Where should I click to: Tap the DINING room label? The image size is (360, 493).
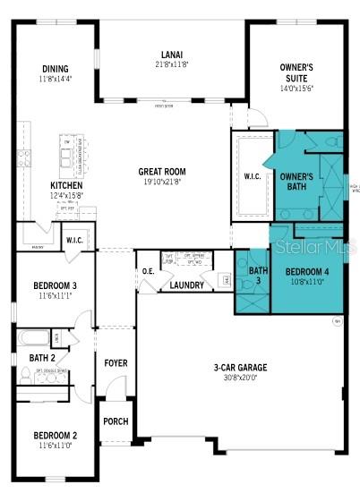pos(55,69)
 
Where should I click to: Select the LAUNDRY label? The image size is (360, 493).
pos(186,285)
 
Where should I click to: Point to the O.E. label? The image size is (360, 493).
pos(148,271)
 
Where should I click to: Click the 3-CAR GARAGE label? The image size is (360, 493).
pos(234,367)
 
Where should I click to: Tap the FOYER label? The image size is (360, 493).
pos(115,362)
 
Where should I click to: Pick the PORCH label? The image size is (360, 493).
pos(115,421)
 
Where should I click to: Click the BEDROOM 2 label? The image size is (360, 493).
pos(54,436)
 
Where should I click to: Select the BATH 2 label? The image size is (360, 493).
pos(42,358)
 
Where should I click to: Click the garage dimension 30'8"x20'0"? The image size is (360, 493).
pos(234,378)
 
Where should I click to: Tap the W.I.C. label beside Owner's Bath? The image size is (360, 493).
pos(253,175)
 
